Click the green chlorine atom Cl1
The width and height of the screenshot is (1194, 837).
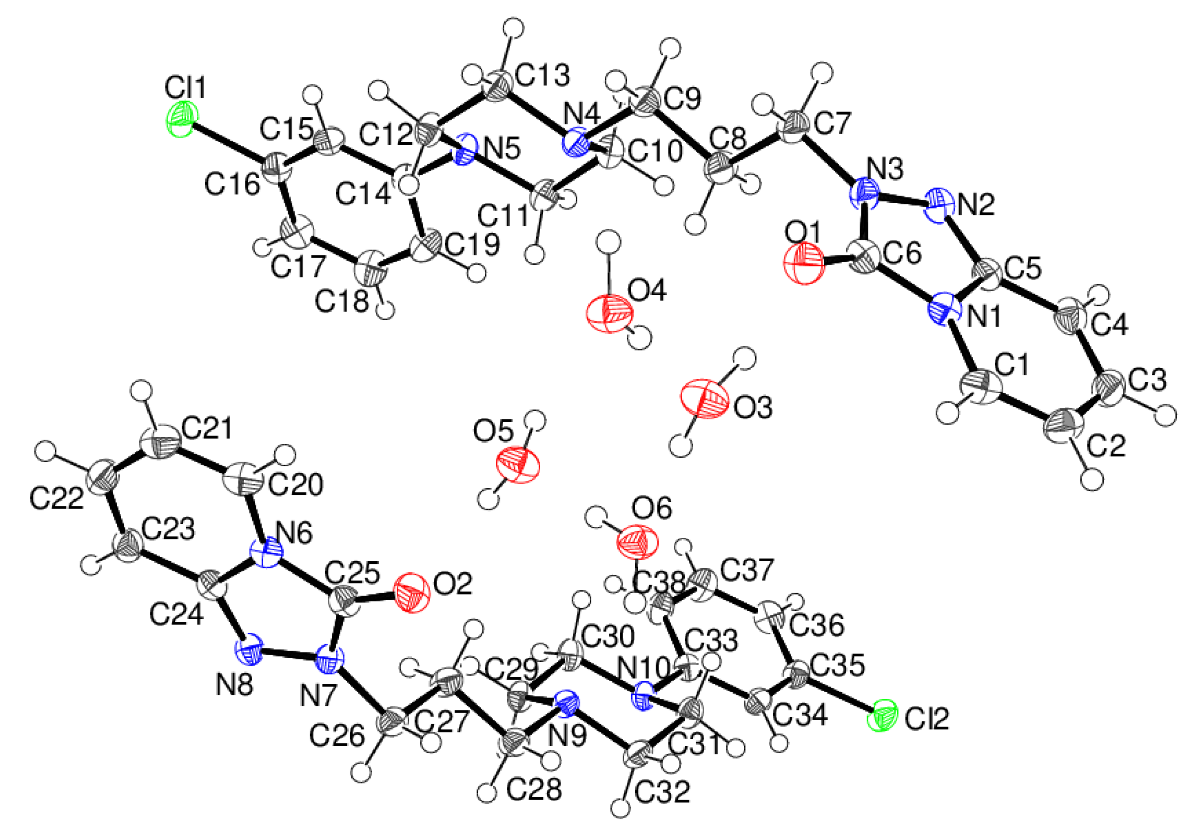(x=181, y=119)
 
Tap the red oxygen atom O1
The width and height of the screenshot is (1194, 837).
(x=804, y=265)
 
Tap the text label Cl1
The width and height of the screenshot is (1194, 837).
(x=186, y=87)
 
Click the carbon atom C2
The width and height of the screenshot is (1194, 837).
(x=1064, y=425)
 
